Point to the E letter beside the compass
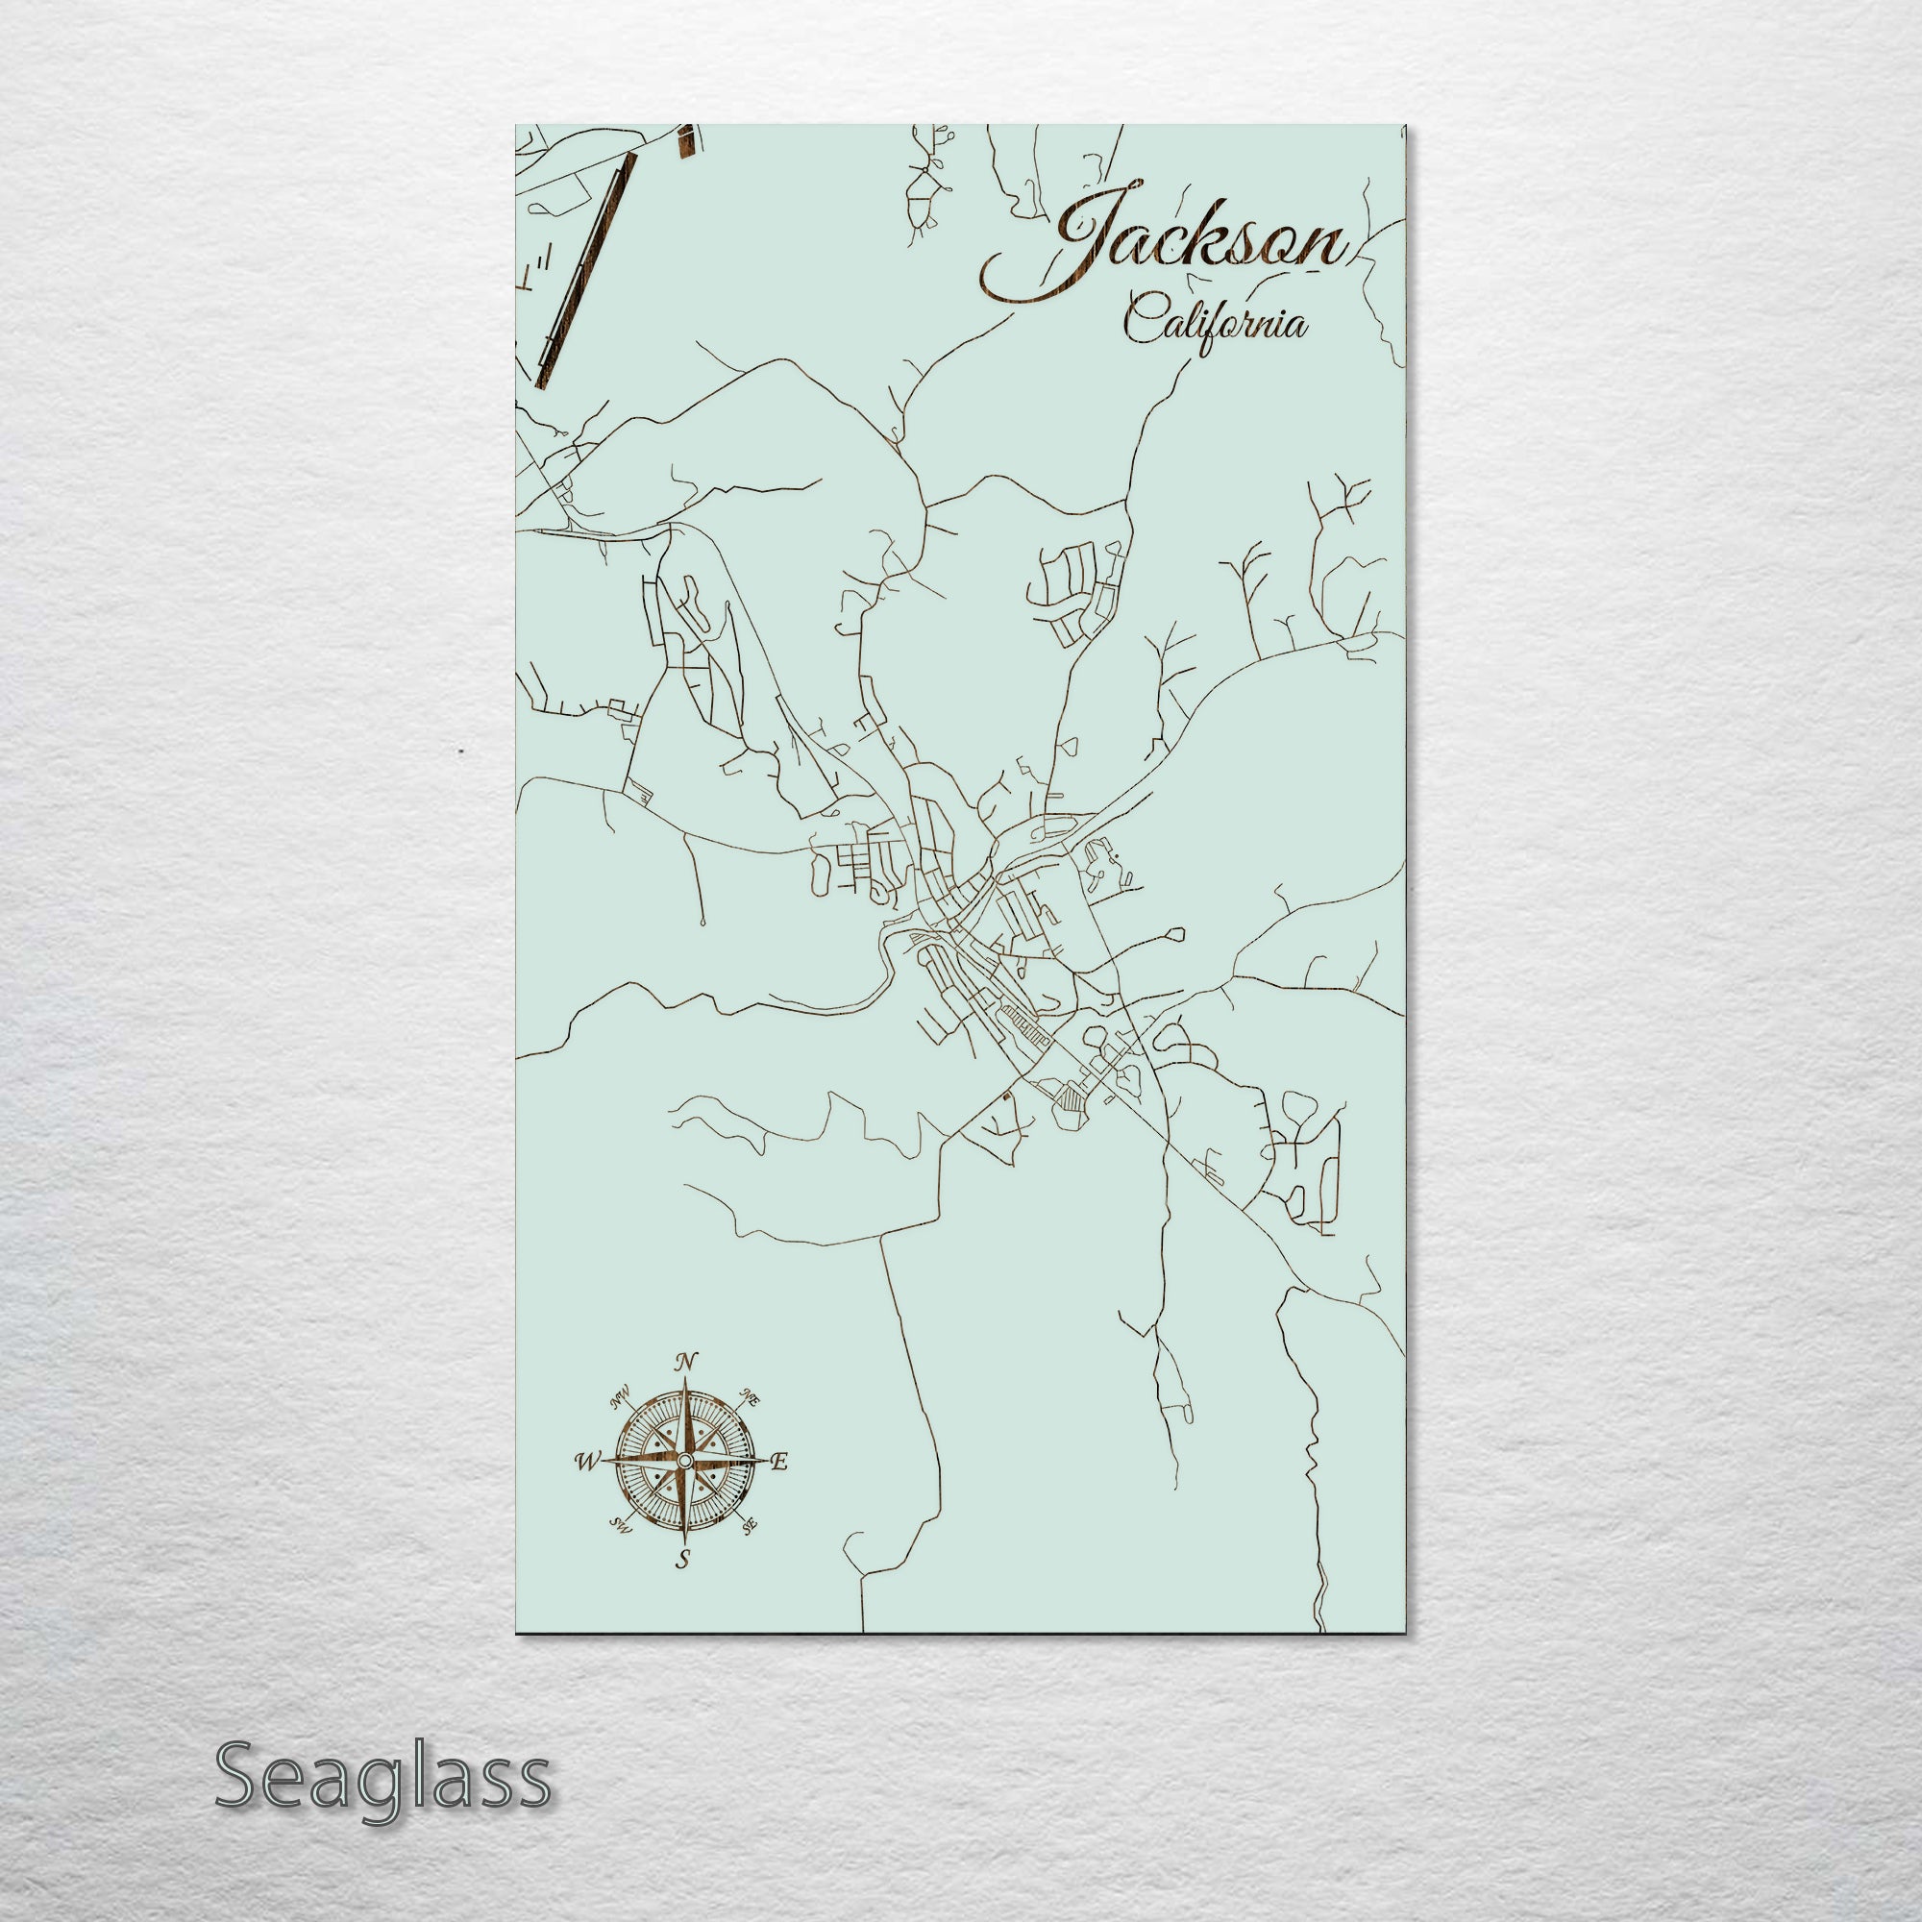(x=781, y=1462)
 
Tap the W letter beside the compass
(x=587, y=1462)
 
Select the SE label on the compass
(x=750, y=1524)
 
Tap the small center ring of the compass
(x=684, y=1460)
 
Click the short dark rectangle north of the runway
(x=685, y=141)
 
